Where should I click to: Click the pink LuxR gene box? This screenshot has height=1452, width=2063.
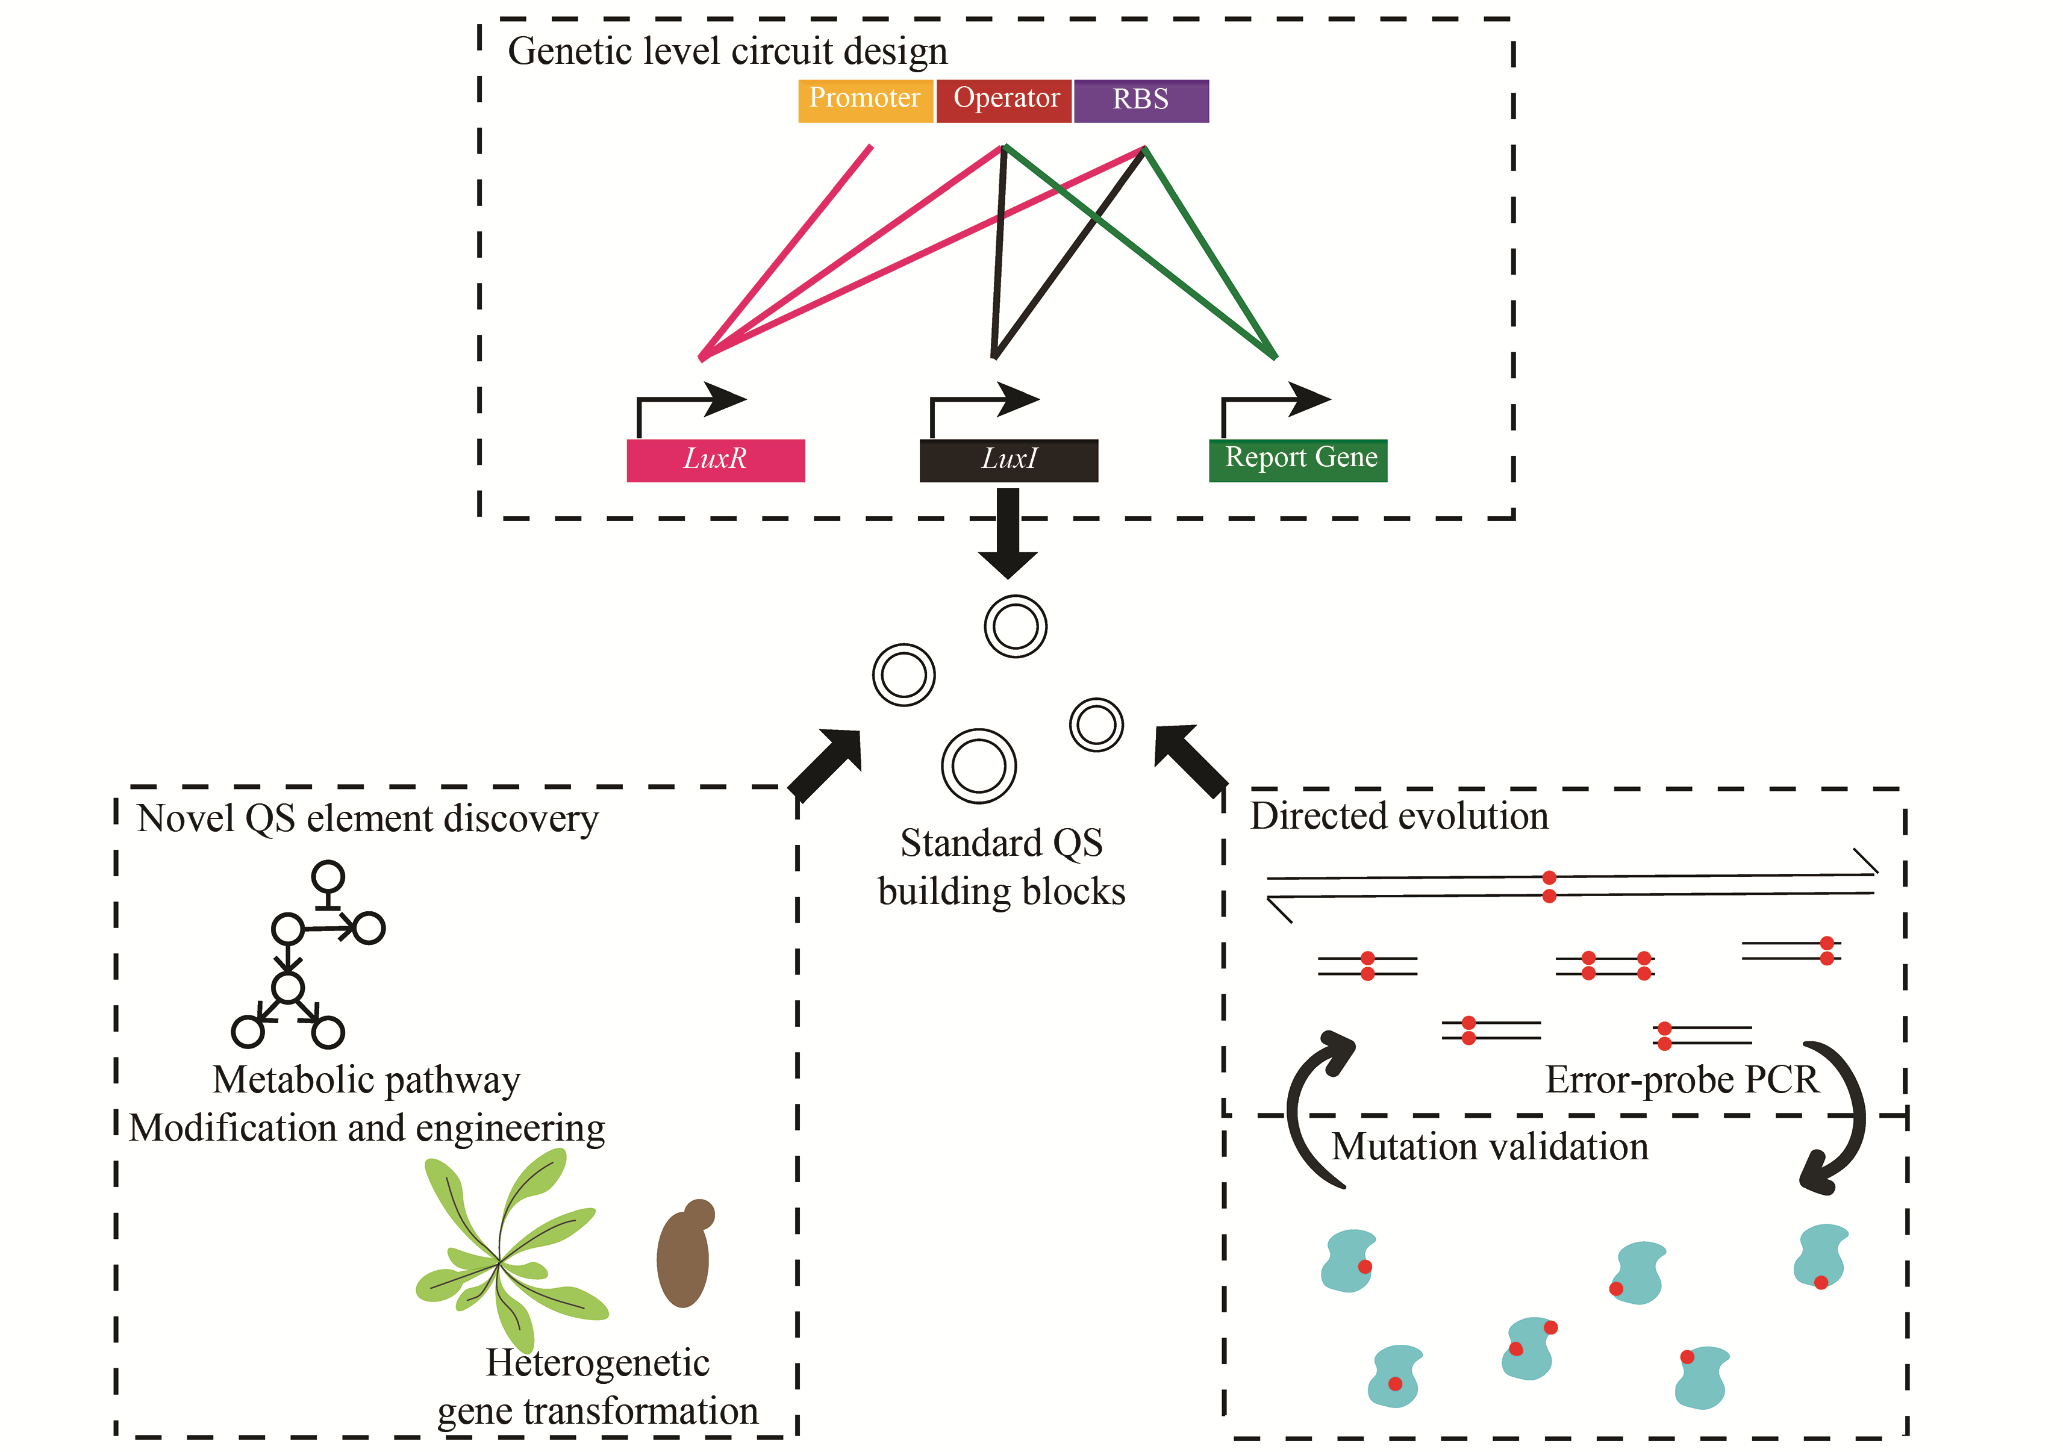coord(715,460)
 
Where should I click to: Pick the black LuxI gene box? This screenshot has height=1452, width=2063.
coord(1008,460)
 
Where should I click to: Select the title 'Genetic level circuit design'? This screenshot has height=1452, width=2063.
coord(727,51)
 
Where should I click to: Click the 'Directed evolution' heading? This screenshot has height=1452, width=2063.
coord(1399,816)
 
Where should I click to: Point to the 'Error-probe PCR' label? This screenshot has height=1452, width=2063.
coord(1681,1079)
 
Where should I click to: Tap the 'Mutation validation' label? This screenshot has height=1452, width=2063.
coord(1490,1147)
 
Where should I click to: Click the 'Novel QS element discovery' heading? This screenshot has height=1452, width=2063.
coord(367,818)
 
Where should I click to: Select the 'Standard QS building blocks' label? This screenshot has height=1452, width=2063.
coord(1001,867)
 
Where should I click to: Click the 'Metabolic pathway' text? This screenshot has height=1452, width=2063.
coord(367,1079)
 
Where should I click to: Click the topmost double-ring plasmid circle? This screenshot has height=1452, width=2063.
coord(1016,626)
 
